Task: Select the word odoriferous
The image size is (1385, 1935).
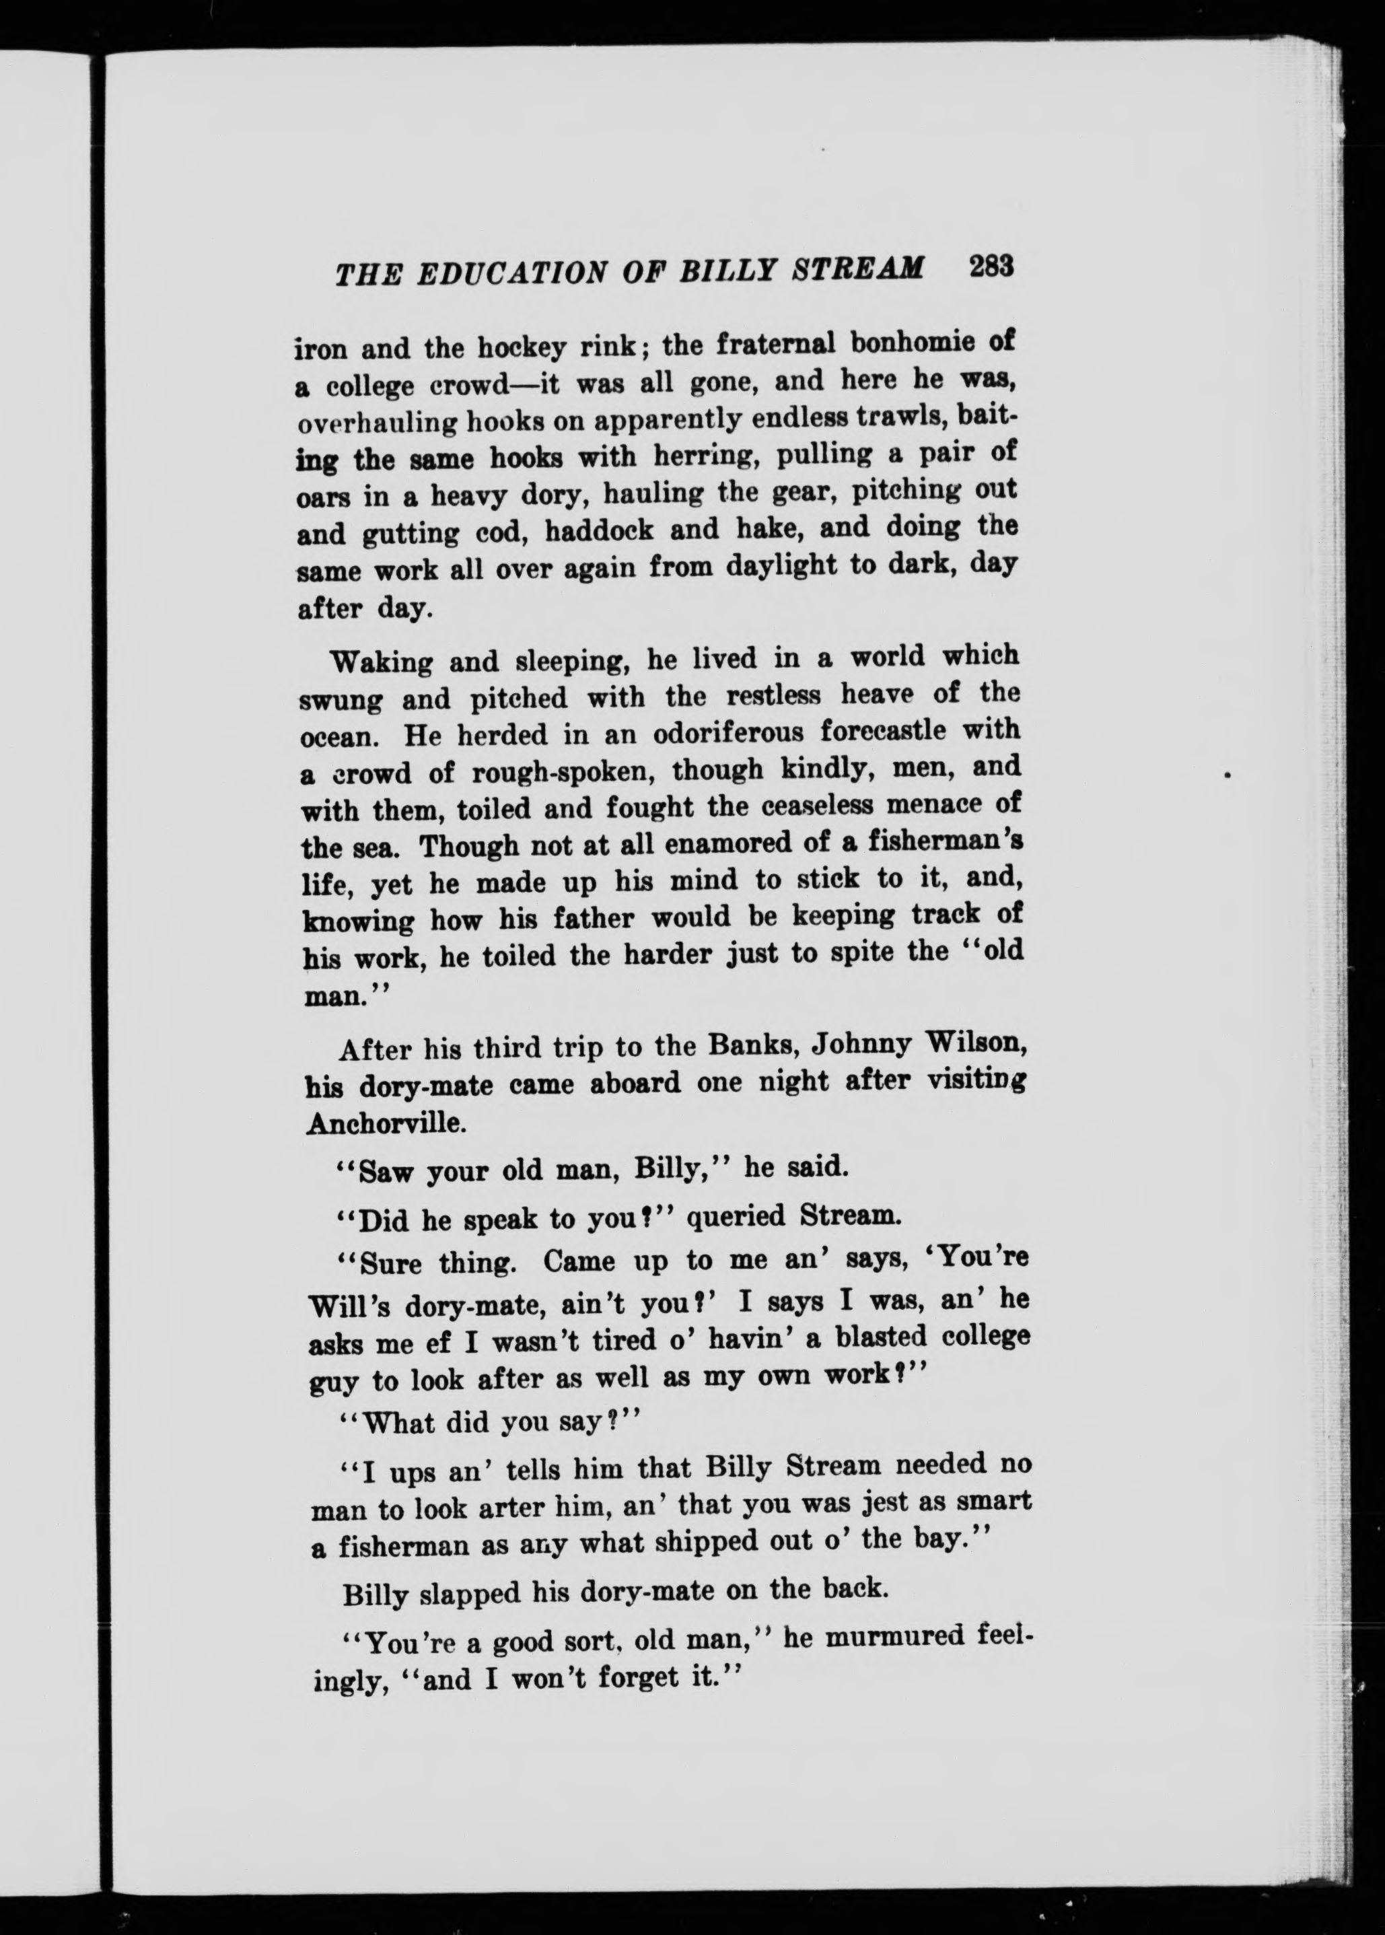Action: click(740, 734)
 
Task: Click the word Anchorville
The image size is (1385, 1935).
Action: click(386, 1123)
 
